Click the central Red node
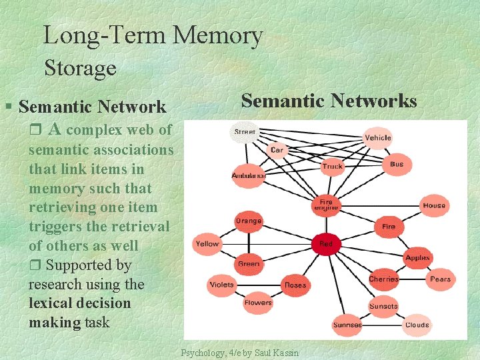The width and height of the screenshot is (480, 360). point(325,244)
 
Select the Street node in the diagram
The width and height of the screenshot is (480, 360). point(245,132)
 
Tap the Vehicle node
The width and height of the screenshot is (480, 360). point(378,137)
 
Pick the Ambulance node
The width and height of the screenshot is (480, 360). point(248,175)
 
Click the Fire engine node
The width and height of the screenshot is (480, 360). point(325,205)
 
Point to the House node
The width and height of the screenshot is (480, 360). point(434,205)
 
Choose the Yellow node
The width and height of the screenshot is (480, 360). point(207,244)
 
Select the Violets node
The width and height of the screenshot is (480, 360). point(221,285)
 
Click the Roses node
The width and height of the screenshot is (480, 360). point(295,285)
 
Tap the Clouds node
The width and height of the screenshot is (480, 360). point(417,325)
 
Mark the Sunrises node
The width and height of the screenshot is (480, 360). point(347,325)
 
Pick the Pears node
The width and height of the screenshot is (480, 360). point(440,279)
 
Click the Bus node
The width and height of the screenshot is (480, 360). point(397,164)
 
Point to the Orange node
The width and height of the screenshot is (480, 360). point(249,221)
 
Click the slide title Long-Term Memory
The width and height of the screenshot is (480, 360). point(153,35)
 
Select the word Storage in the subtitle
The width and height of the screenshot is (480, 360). point(80,68)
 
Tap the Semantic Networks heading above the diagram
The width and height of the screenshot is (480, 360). point(329,101)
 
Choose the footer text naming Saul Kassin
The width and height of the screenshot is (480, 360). point(241,353)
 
